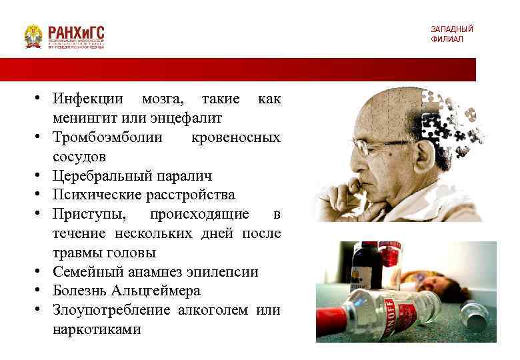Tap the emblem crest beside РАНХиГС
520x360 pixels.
[33, 36]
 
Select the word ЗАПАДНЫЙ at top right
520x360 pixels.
[451, 29]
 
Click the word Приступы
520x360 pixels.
[85, 215]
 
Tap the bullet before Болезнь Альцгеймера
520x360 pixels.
[41, 291]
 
